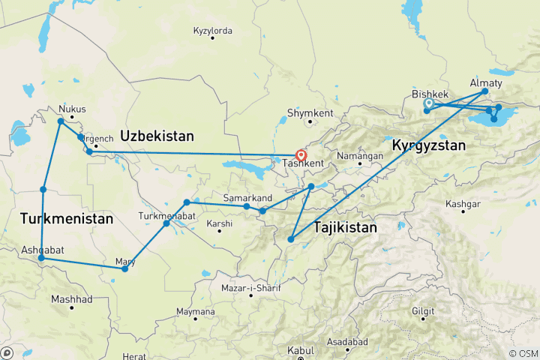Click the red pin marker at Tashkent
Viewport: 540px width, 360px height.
click(301, 155)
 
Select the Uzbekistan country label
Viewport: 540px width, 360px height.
click(157, 136)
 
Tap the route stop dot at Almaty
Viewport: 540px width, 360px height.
click(484, 91)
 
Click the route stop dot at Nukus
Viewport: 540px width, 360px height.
click(61, 121)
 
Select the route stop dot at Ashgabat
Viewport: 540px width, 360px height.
click(41, 259)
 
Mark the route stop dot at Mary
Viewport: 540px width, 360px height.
click(124, 268)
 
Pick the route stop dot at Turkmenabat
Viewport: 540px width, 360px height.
click(166, 223)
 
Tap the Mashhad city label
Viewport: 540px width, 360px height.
click(71, 299)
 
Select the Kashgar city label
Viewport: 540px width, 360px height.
click(463, 204)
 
